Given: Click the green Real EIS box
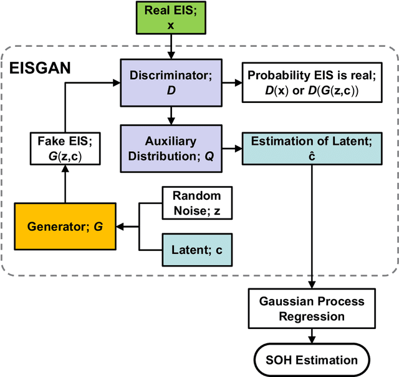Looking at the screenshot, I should [x=170, y=17].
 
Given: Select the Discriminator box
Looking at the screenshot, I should [x=170, y=82].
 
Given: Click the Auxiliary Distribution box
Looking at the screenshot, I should [x=170, y=149].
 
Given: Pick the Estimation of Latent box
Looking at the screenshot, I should [x=310, y=149].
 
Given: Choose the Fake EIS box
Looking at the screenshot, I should [x=65, y=148].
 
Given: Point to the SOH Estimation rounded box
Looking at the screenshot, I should [x=310, y=359].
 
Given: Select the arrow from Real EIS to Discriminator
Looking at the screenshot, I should [x=170, y=47].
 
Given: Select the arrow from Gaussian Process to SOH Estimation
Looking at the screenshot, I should [x=310, y=337].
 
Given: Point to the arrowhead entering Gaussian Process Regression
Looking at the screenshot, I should [x=310, y=284].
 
